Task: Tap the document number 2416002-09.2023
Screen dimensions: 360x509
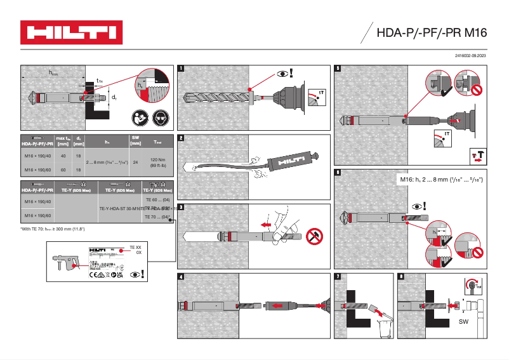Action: (x=471, y=57)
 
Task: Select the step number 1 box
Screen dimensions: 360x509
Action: (x=182, y=68)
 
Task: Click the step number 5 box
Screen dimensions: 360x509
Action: (x=338, y=68)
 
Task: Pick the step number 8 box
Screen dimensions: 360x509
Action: (x=400, y=276)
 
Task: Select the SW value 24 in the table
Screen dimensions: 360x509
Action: (x=135, y=163)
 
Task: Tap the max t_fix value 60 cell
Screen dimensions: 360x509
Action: (x=63, y=170)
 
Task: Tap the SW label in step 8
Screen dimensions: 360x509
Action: (x=463, y=323)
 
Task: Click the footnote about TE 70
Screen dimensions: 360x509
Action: (x=53, y=229)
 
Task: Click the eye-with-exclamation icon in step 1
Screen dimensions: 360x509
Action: (x=285, y=74)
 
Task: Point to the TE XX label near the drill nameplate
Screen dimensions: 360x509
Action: (x=135, y=246)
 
